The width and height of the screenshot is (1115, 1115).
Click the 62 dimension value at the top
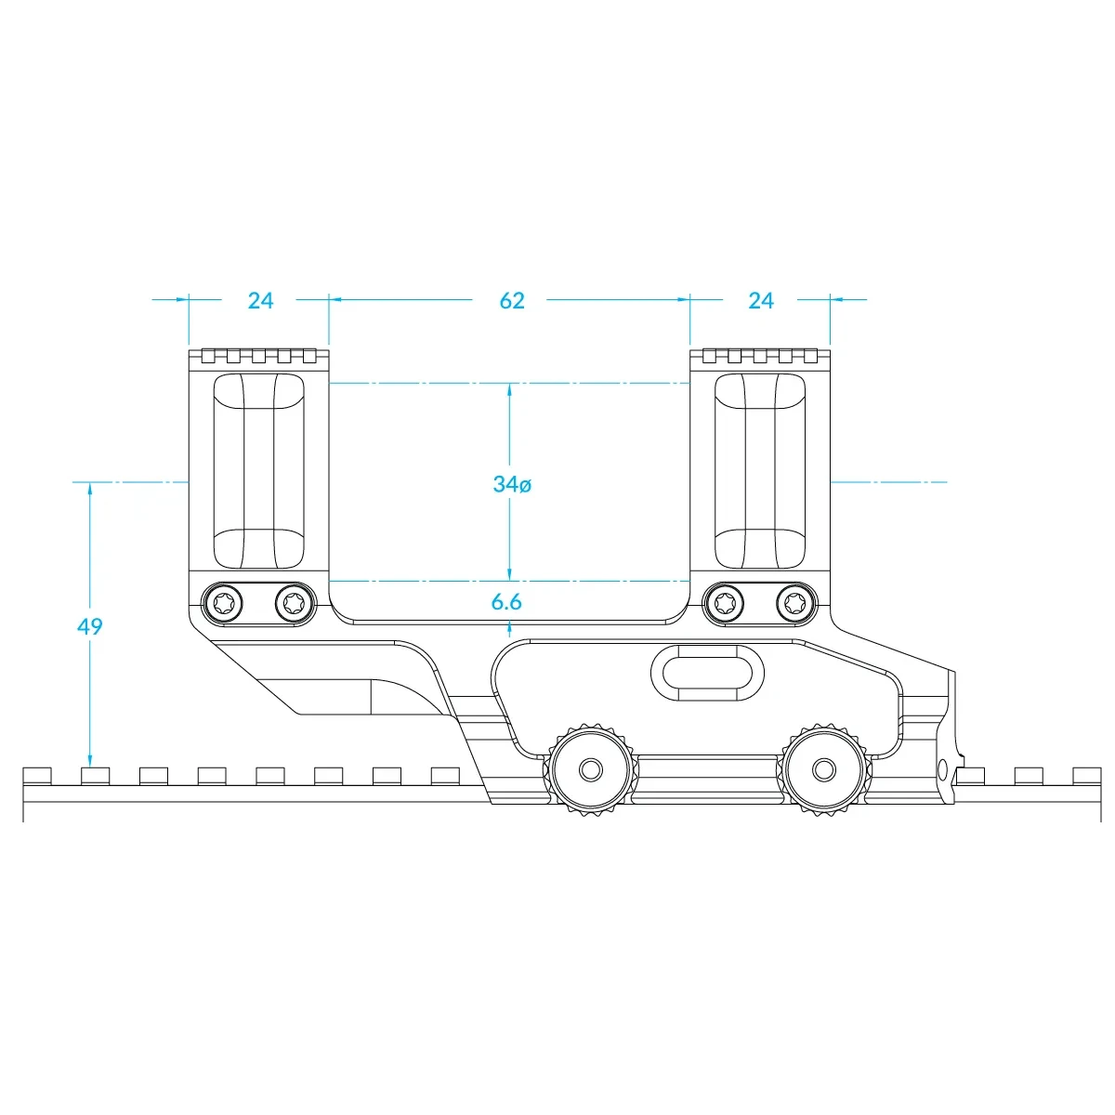pyautogui.click(x=512, y=301)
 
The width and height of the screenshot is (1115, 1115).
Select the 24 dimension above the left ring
pyautogui.click(x=261, y=301)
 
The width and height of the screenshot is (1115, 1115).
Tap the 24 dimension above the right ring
pyautogui.click(x=760, y=301)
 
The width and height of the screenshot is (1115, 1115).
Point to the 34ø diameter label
pyautogui.click(x=512, y=484)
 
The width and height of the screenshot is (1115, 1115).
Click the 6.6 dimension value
pyautogui.click(x=506, y=602)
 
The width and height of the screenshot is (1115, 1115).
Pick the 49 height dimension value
pyautogui.click(x=90, y=626)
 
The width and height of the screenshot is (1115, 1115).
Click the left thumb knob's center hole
pyautogui.click(x=590, y=769)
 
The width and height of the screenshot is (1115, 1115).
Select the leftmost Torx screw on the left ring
pyautogui.click(x=223, y=604)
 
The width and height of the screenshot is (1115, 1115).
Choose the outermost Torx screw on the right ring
pyautogui.click(x=794, y=604)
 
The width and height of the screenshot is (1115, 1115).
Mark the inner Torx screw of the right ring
pyautogui.click(x=724, y=604)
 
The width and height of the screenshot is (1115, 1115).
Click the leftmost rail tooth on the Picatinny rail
pyautogui.click(x=37, y=776)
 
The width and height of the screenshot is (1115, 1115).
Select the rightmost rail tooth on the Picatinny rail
pyautogui.click(x=1086, y=775)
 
